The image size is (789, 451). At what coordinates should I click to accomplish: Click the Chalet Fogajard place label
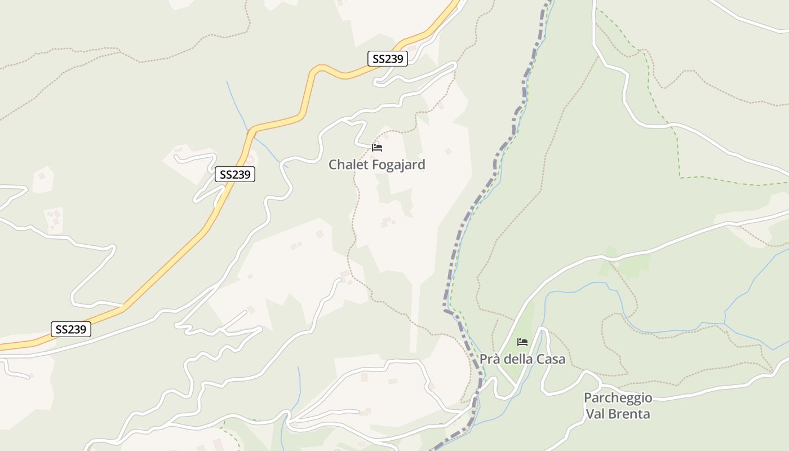click(x=376, y=165)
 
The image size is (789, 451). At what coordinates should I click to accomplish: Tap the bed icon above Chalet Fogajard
click(x=377, y=148)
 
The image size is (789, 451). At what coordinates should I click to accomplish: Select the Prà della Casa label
click(x=522, y=359)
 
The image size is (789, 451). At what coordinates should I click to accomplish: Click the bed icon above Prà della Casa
click(x=522, y=342)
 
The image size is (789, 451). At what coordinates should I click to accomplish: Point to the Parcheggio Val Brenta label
click(x=618, y=406)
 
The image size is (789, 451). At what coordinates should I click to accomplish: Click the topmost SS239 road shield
click(x=388, y=59)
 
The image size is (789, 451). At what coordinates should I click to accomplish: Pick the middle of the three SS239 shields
click(x=235, y=175)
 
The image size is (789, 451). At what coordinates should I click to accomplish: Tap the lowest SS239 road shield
click(x=71, y=329)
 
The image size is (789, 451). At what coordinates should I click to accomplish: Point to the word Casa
click(x=550, y=359)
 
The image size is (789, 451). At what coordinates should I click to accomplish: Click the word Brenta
click(x=631, y=414)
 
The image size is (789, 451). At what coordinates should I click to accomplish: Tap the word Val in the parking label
click(x=596, y=414)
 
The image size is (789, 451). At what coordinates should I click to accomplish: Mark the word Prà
click(x=489, y=359)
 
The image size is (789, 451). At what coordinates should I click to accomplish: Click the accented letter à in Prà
click(x=496, y=359)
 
